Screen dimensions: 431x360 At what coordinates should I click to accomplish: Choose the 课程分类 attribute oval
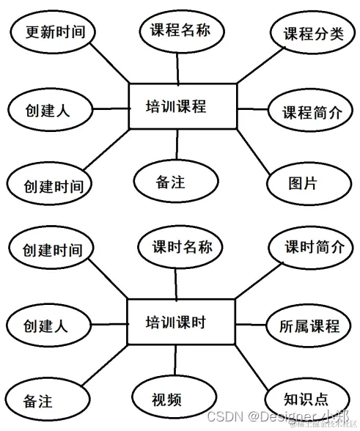coord(307,34)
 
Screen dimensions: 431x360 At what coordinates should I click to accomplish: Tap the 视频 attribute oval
coord(166,399)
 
